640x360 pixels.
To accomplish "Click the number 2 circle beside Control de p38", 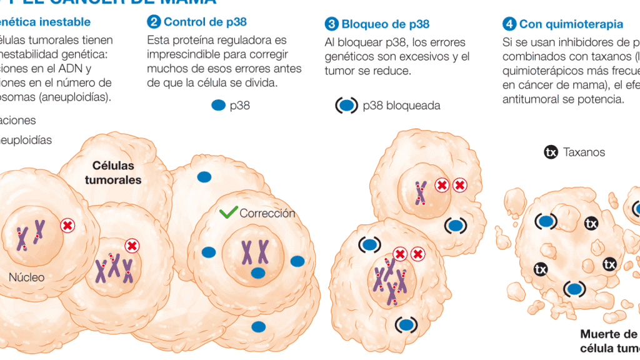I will pyautogui.click(x=154, y=22).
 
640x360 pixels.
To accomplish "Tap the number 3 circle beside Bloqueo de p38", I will pyautogui.click(x=331, y=24).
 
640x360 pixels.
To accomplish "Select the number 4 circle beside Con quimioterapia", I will pyautogui.click(x=509, y=24).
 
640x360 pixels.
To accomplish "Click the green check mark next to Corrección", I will pyautogui.click(x=229, y=212).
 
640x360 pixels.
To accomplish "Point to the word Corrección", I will pyautogui.click(x=267, y=213).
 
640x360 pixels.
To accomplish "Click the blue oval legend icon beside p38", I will pyautogui.click(x=218, y=106).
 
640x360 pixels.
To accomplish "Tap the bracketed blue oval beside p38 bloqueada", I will pyautogui.click(x=347, y=106).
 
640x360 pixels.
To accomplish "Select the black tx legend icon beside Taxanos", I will pyautogui.click(x=551, y=152).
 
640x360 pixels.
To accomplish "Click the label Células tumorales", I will pyautogui.click(x=113, y=172).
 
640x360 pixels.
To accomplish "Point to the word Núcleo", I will pyautogui.click(x=26, y=277).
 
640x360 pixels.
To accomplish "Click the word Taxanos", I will pyautogui.click(x=584, y=152).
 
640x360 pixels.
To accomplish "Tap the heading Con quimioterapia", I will pyautogui.click(x=571, y=24).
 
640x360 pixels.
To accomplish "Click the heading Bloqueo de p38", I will pyautogui.click(x=386, y=24).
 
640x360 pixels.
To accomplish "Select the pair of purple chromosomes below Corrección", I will pyautogui.click(x=255, y=252).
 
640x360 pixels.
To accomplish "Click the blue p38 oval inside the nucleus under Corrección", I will pyautogui.click(x=257, y=272).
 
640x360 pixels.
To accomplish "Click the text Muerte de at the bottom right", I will pyautogui.click(x=608, y=334).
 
